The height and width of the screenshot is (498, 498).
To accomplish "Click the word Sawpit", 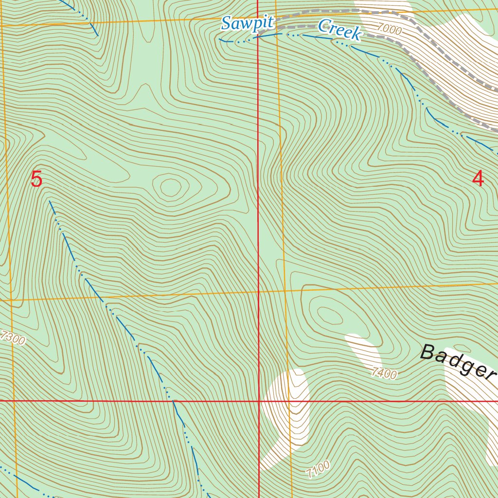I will [247, 23].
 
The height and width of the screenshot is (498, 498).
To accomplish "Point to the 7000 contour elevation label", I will [389, 30].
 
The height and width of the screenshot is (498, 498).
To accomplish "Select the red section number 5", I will [36, 179].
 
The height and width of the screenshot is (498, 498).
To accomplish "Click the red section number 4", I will [478, 179].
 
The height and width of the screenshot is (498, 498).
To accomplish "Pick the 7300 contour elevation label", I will [13, 338].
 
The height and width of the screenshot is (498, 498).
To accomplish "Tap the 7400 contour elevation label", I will [384, 373].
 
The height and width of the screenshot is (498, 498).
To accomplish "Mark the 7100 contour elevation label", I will [318, 468].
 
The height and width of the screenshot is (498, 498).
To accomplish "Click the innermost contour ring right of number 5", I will [170, 187].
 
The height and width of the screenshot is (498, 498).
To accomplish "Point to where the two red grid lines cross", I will [258, 401].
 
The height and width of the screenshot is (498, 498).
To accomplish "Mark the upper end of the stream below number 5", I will [50, 200].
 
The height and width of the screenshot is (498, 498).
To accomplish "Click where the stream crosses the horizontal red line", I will [174, 401].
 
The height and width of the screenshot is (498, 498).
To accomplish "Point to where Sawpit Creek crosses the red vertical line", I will [258, 37].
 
